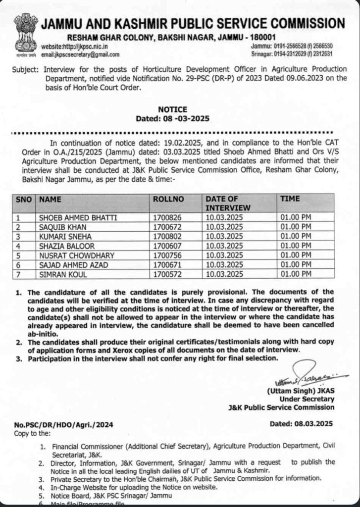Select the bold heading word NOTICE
click(x=172, y=109)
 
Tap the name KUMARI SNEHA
click(x=61, y=236)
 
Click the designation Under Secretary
click(x=307, y=399)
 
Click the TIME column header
click(x=290, y=199)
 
